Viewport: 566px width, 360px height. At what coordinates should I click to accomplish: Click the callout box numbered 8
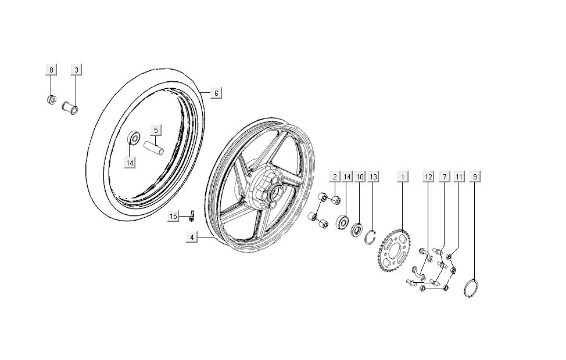point(51,70)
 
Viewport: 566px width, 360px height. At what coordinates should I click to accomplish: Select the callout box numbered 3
point(76,70)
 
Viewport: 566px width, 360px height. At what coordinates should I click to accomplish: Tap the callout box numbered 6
point(216,93)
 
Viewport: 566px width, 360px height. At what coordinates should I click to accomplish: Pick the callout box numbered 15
point(173,217)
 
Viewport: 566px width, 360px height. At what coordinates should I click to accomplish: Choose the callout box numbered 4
point(192,237)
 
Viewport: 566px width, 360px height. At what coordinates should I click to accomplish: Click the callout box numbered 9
point(476,175)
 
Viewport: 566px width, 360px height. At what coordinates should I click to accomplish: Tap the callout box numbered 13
point(373,175)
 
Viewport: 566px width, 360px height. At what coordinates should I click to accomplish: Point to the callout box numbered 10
point(360,175)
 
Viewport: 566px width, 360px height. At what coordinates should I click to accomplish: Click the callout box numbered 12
point(428,175)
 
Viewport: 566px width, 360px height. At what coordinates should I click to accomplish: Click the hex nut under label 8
point(51,99)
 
